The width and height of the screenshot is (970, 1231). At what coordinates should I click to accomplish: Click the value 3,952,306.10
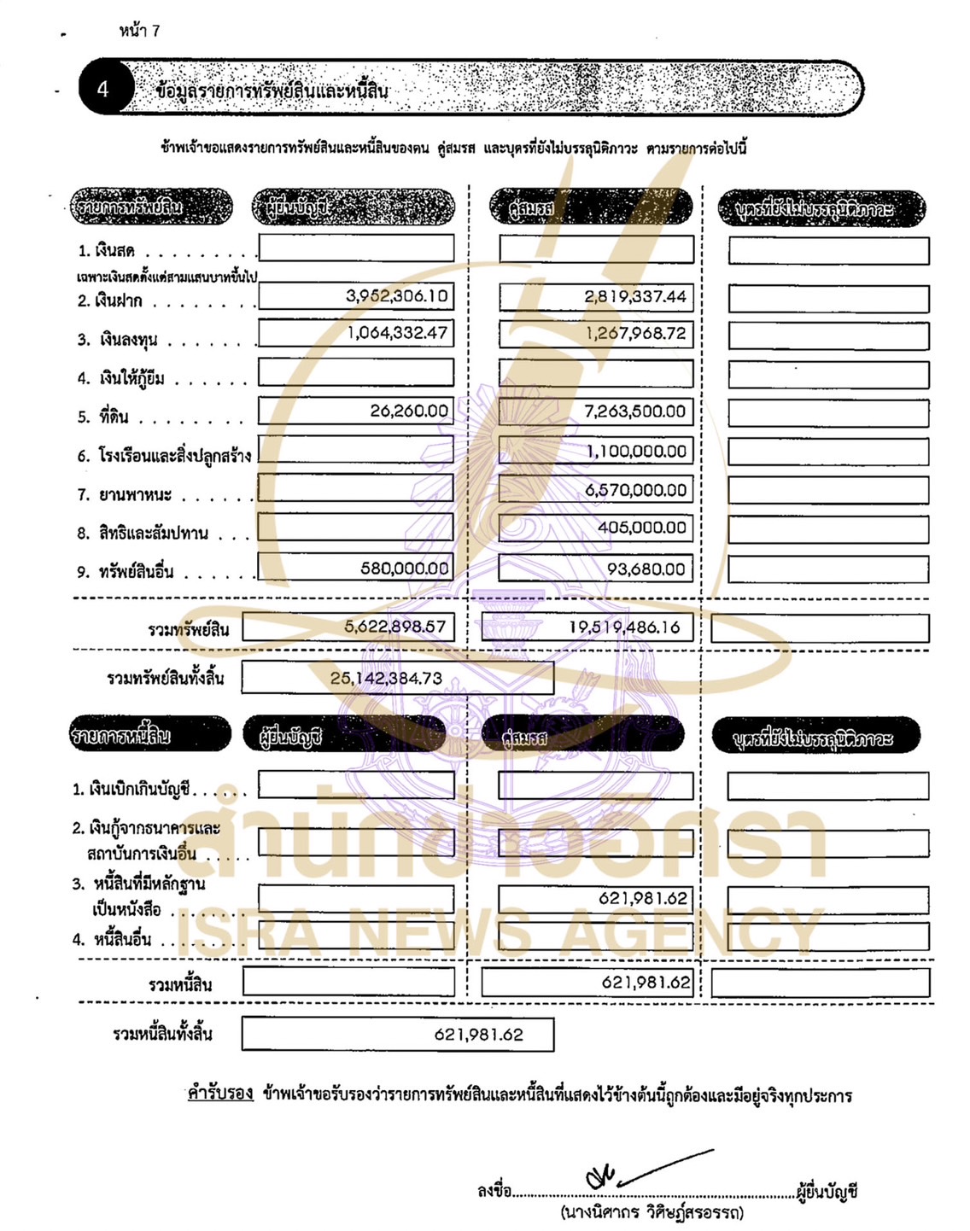[396, 296]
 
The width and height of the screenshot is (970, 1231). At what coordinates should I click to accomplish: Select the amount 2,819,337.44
[635, 296]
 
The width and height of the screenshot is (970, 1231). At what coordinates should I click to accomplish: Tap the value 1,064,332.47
[397, 333]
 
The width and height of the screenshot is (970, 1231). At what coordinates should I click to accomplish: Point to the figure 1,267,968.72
[636, 334]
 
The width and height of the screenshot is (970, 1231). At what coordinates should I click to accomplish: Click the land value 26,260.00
[409, 411]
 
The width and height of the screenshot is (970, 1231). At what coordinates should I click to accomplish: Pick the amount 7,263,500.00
[634, 411]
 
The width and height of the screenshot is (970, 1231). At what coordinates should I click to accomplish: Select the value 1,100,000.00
[636, 451]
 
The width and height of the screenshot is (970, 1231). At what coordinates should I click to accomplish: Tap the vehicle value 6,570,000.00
[635, 490]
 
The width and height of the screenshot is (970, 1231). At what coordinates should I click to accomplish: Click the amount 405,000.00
[641, 528]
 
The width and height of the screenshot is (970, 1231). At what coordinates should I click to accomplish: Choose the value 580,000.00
[404, 569]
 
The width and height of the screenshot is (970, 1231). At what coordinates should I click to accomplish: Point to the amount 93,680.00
[646, 569]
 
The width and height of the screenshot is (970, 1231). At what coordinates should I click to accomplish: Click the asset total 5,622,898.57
[394, 627]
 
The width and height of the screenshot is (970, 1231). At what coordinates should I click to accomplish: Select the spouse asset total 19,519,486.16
[624, 627]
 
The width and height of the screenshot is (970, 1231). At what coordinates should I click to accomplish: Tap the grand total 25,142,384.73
[386, 679]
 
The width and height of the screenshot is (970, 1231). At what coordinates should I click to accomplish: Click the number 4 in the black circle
[103, 89]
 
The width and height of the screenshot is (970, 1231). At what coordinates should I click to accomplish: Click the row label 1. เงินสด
[106, 251]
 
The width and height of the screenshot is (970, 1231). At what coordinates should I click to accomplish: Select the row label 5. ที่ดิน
[103, 417]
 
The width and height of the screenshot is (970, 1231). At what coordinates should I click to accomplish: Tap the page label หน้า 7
[139, 31]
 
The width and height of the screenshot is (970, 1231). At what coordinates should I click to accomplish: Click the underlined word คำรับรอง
[220, 1094]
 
